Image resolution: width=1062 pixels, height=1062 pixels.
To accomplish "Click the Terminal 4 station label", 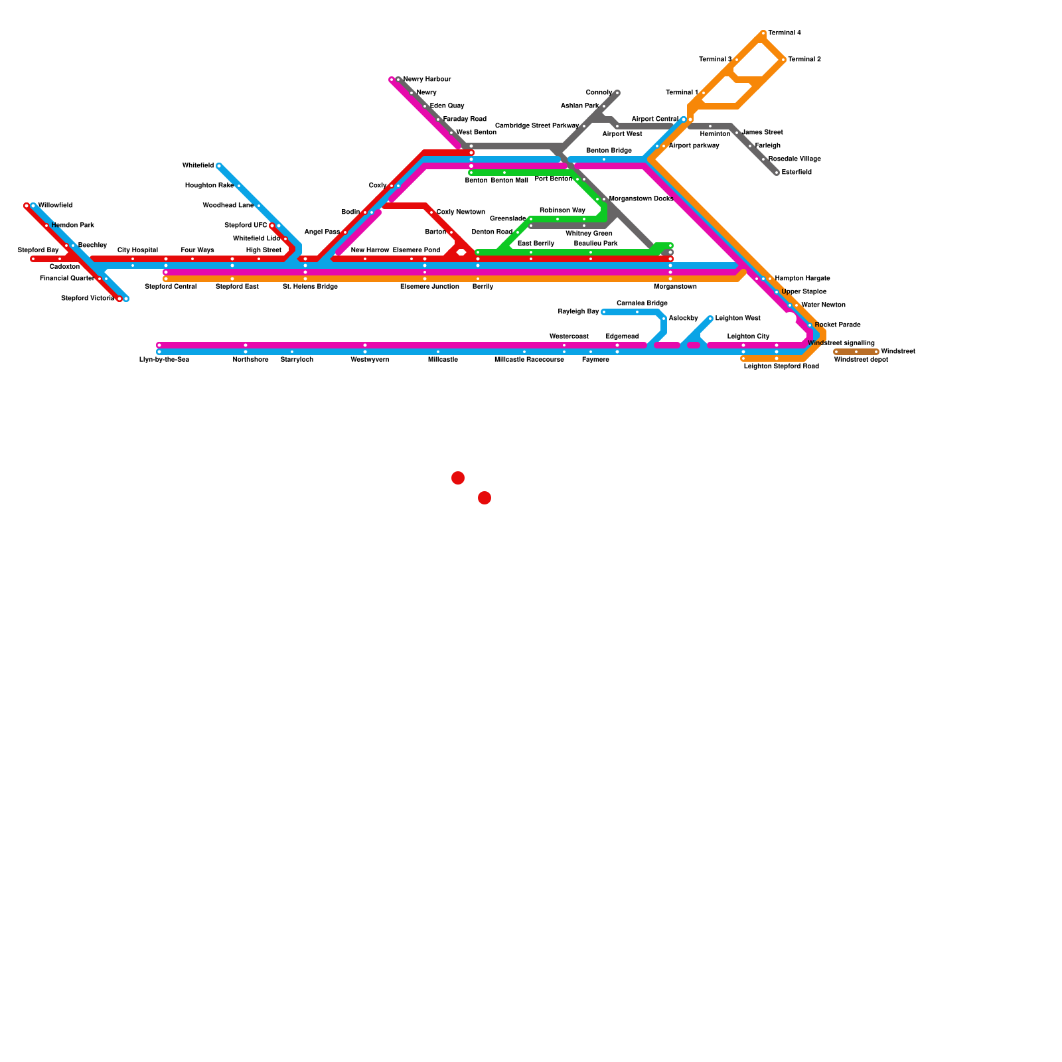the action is pos(785,33).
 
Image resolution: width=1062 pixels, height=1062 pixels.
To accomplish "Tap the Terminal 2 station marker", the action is pos(783,60).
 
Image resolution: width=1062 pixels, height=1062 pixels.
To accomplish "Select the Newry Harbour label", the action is pos(427,79).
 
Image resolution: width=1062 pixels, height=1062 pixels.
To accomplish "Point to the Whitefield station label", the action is pos(198,165).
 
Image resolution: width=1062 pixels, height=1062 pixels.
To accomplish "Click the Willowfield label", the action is pos(56,205).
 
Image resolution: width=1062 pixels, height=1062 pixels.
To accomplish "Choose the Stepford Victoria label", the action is pos(88,298).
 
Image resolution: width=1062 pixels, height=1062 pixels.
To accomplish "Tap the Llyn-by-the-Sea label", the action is pos(164,360).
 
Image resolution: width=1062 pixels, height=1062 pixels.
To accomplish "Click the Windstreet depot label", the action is pos(861,360).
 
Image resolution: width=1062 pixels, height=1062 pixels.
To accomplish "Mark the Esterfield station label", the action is pos(796,172).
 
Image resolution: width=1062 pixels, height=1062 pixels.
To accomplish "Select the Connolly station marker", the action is pos(617,93).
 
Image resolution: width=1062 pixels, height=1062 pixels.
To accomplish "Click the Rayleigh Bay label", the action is pos(578,311).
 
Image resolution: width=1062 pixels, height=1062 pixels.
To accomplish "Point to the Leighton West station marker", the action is pos(710,319).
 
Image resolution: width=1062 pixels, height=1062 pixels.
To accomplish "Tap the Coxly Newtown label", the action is pos(461,212).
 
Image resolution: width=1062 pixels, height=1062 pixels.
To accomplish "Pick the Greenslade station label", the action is pos(508,218).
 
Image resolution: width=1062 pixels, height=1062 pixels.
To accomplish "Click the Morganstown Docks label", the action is pos(641,198).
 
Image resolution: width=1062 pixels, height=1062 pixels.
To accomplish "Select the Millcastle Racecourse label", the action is pos(529,360).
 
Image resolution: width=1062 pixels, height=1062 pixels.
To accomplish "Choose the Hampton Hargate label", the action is pos(802,278).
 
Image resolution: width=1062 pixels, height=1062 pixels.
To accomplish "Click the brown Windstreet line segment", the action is pos(856,352).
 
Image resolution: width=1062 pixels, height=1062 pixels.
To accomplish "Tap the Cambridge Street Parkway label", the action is pos(537,125).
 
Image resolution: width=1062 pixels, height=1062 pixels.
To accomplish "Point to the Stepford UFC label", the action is pos(246,225).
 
